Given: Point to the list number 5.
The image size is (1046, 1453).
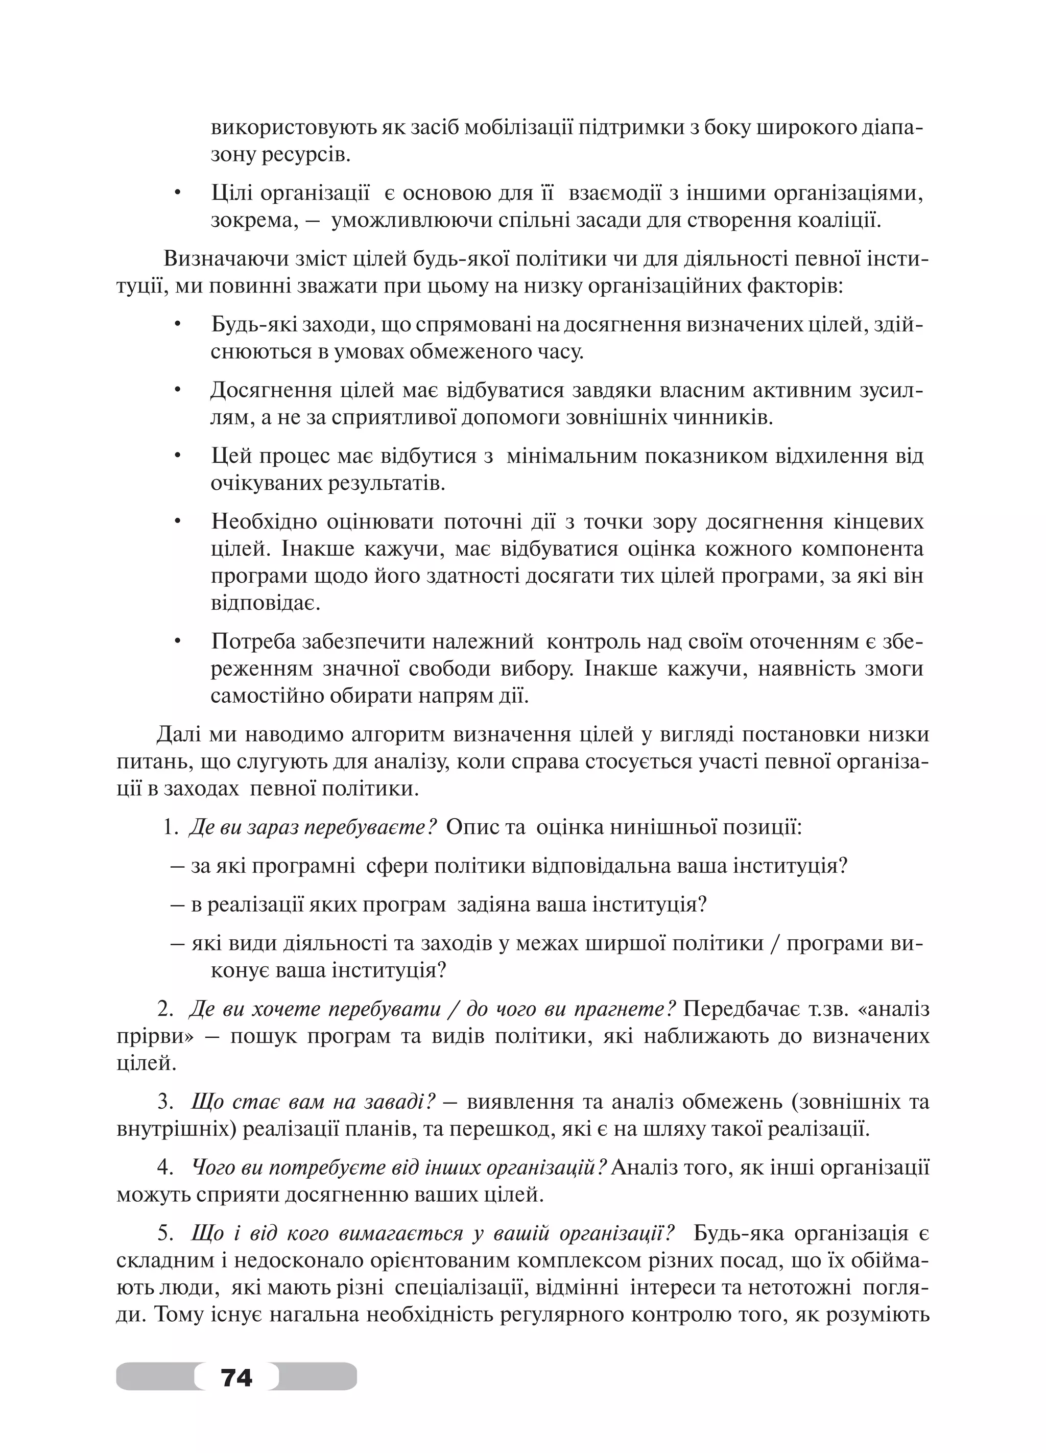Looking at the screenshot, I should (166, 1233).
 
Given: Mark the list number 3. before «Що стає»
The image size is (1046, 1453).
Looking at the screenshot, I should (166, 1102).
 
